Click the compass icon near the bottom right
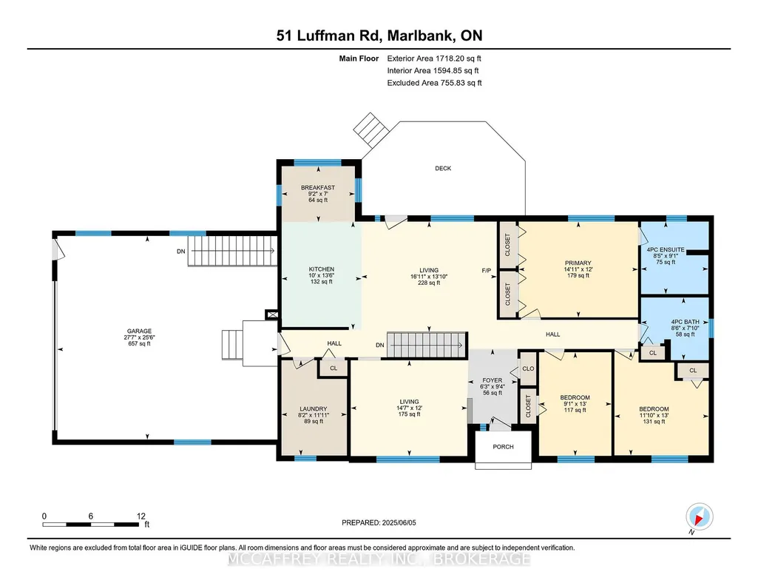pyautogui.click(x=699, y=516)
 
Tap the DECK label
pyautogui.click(x=443, y=168)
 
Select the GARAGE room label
pyautogui.click(x=139, y=331)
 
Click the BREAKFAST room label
pyautogui.click(x=317, y=188)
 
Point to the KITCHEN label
pyautogui.click(x=322, y=269)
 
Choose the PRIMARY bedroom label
pyautogui.click(x=578, y=263)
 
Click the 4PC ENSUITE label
pyautogui.click(x=666, y=249)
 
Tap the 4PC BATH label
pyautogui.click(x=685, y=322)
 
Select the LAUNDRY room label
pyautogui.click(x=314, y=408)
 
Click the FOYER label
pyautogui.click(x=492, y=380)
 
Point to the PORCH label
pyautogui.click(x=504, y=447)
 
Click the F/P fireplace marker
pyautogui.click(x=487, y=270)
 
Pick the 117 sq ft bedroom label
pyautogui.click(x=575, y=404)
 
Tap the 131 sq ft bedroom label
pyautogui.click(x=654, y=415)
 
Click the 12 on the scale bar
pyautogui.click(x=141, y=516)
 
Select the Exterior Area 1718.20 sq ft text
pyautogui.click(x=434, y=58)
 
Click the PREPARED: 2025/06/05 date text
pyautogui.click(x=379, y=522)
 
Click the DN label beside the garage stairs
pyautogui.click(x=180, y=252)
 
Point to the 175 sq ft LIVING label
pyautogui.click(x=409, y=408)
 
